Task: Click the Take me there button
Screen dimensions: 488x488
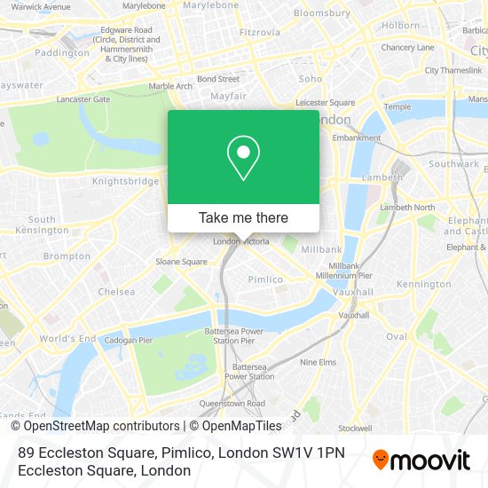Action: click(x=243, y=217)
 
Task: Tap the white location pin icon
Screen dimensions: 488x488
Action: click(x=243, y=157)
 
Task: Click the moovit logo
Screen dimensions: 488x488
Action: click(x=421, y=460)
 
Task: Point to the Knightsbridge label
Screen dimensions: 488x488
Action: click(x=125, y=181)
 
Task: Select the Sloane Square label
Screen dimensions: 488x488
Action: click(x=182, y=262)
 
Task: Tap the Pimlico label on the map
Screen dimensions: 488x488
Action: click(x=265, y=279)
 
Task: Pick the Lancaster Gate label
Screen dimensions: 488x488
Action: click(x=83, y=99)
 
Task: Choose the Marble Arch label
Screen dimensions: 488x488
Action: click(x=169, y=86)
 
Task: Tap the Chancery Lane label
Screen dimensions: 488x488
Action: click(x=407, y=47)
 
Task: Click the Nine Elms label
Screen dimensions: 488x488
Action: click(x=318, y=362)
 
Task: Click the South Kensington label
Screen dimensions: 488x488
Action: click(x=42, y=224)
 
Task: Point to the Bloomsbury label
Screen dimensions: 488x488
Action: click(x=321, y=13)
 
